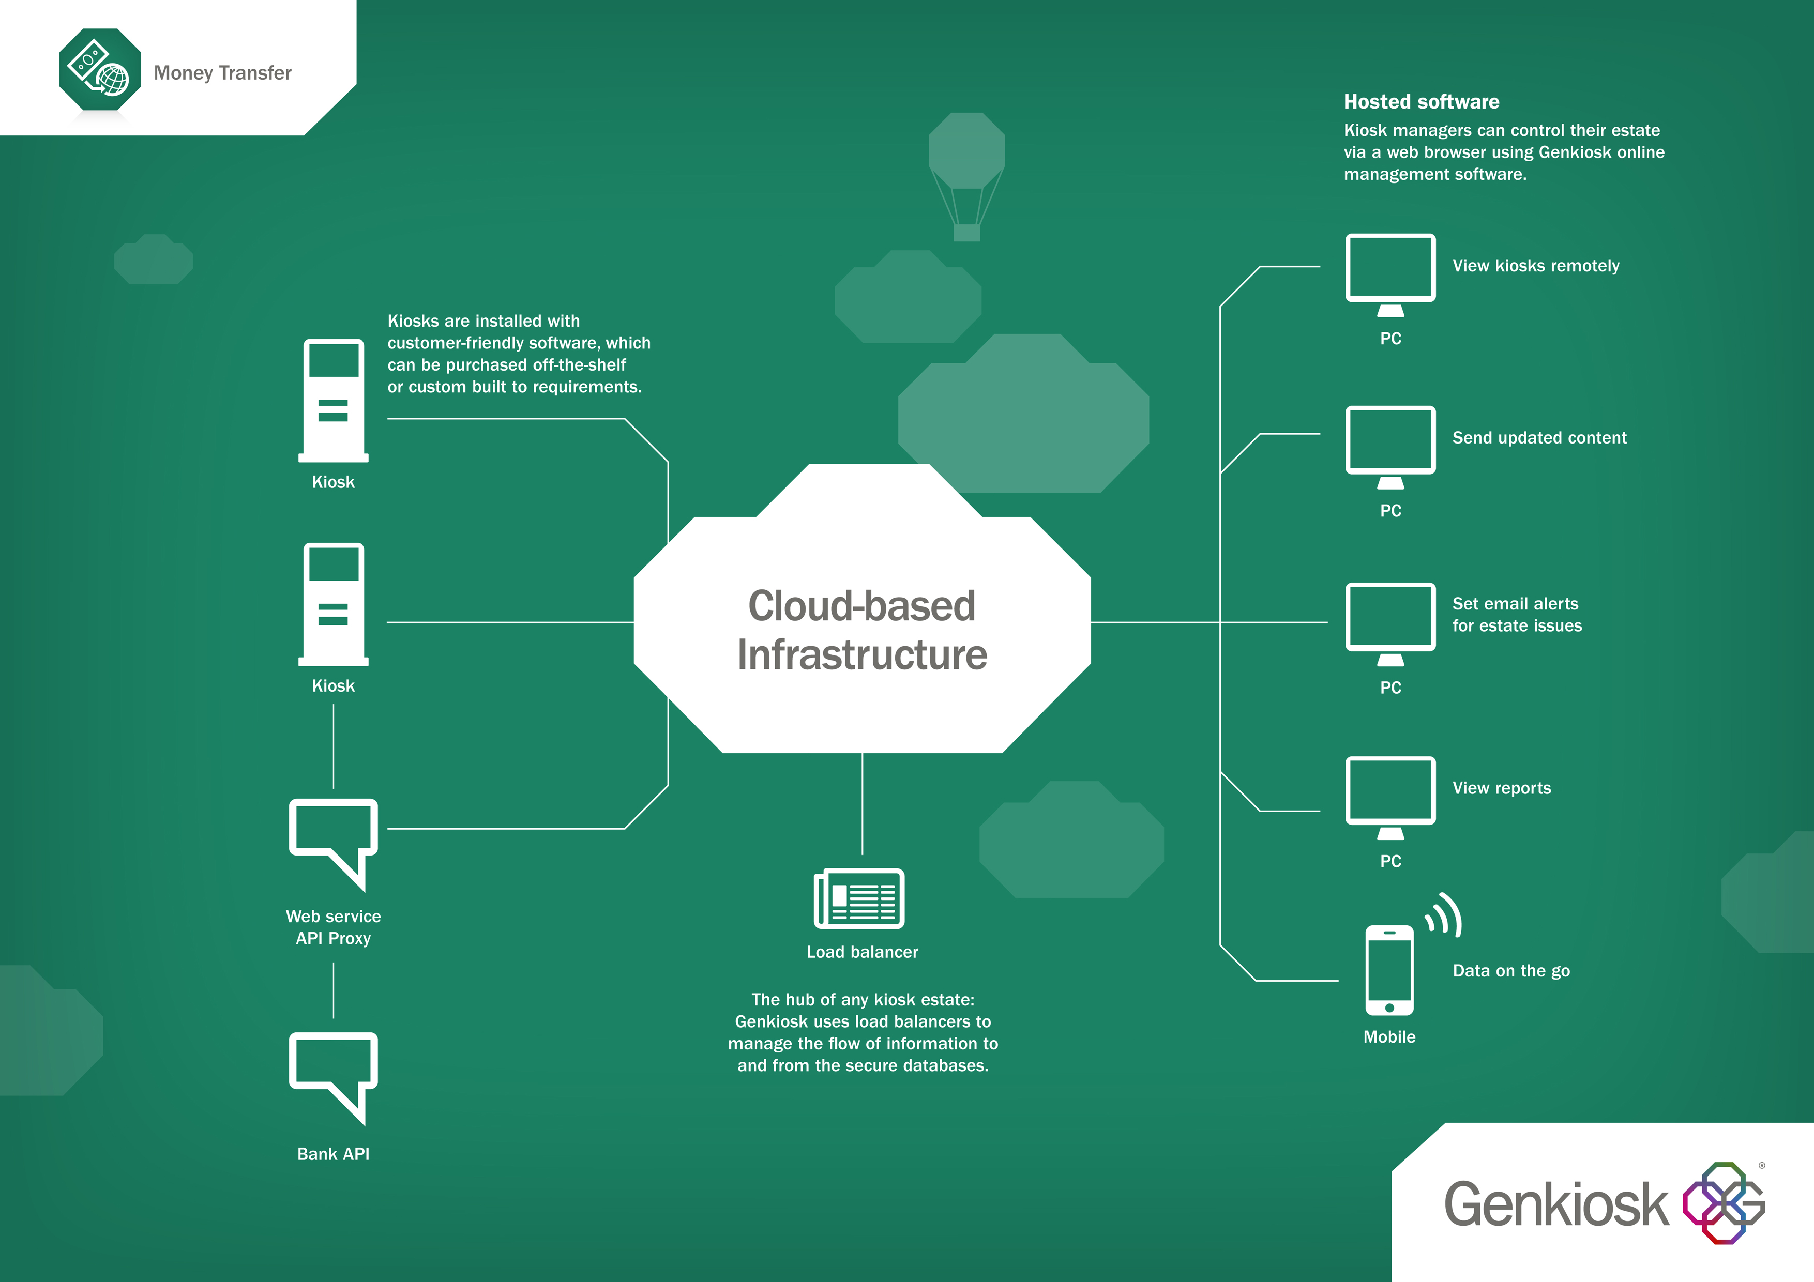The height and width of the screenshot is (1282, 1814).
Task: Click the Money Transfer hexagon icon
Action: (x=100, y=69)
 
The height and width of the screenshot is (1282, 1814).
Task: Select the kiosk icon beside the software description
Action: (x=334, y=400)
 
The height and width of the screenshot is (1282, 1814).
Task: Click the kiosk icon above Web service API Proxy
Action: (x=334, y=603)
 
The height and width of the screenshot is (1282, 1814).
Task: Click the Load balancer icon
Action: (x=859, y=899)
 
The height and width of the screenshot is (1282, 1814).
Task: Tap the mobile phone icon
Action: (x=1389, y=970)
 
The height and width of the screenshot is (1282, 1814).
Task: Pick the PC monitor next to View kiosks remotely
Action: (x=1390, y=272)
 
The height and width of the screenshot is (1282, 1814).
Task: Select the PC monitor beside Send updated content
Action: (x=1390, y=445)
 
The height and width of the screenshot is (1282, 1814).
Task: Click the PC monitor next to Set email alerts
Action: (x=1390, y=622)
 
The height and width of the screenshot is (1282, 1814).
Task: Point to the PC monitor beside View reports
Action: (x=1390, y=796)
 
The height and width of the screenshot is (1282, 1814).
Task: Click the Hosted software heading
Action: (x=1422, y=102)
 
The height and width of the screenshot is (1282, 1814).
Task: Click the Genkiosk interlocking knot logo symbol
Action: (x=1723, y=1202)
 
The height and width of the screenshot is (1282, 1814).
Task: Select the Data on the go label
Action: (x=1510, y=971)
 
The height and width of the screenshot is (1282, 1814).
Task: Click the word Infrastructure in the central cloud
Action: (x=862, y=655)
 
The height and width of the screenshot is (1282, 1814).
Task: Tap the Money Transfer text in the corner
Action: (x=223, y=73)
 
